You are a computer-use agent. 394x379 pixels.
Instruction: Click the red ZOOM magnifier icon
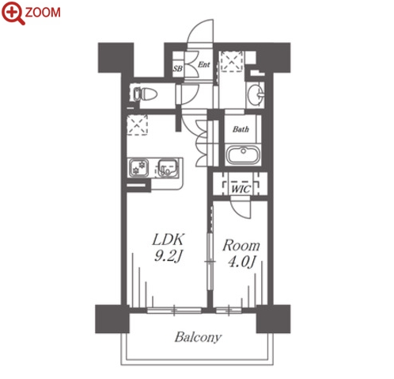(13, 12)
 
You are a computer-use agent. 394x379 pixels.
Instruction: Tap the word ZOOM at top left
(43, 13)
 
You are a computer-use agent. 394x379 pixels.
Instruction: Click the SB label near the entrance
(177, 69)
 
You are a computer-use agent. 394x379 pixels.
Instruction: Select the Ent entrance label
(204, 64)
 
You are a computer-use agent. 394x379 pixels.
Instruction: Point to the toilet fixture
(145, 94)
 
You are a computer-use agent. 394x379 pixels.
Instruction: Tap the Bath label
(241, 129)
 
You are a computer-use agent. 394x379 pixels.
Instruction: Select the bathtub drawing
(243, 155)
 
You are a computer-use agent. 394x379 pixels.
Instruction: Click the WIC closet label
(241, 189)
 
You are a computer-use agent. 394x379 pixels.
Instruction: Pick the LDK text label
(168, 239)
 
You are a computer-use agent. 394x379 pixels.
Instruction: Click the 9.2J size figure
(169, 256)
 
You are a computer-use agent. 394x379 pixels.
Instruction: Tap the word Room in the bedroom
(241, 246)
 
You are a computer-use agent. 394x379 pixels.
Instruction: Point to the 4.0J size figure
(241, 262)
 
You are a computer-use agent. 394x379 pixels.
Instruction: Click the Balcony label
(198, 337)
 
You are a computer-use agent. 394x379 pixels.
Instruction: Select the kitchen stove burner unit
(138, 167)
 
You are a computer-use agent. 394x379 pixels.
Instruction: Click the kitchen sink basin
(167, 167)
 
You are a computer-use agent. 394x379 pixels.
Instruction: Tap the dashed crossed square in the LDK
(137, 124)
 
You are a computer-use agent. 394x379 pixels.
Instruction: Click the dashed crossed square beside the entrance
(231, 61)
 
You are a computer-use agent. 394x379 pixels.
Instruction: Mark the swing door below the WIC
(241, 209)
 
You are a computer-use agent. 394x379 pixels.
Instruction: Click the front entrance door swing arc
(200, 31)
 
